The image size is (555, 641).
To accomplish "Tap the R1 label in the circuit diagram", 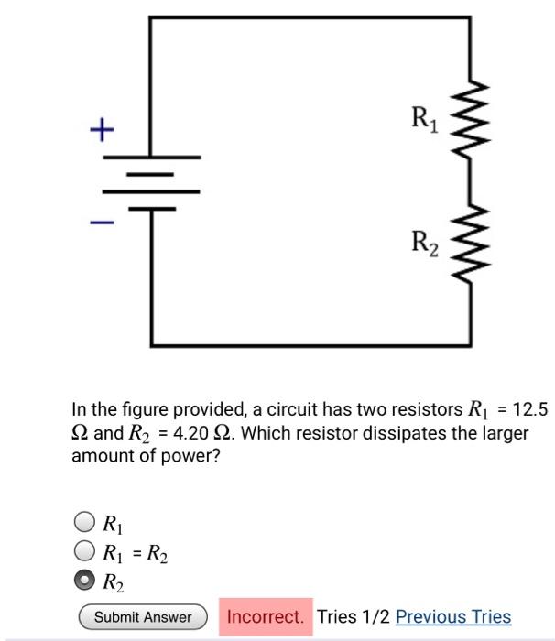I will point(424,118).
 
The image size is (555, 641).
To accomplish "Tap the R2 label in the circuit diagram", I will point(424,243).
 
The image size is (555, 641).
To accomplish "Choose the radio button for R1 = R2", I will point(83,551).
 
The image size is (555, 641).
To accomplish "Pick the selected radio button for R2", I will point(83,581).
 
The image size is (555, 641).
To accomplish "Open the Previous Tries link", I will point(453,617).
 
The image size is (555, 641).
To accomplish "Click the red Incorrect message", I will point(265,617).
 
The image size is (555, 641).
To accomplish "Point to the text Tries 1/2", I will point(354,617).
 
